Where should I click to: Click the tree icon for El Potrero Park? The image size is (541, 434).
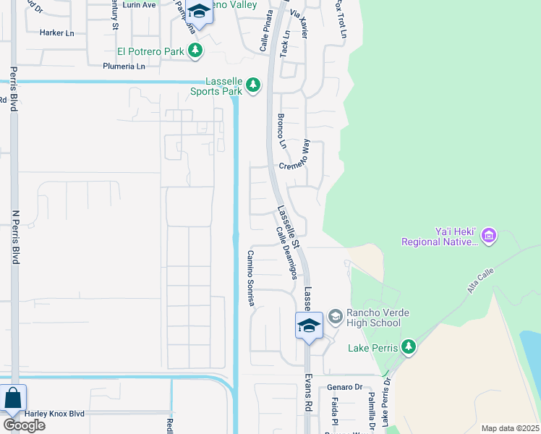click(x=195, y=51)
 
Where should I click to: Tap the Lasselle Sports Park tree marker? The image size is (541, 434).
click(x=252, y=85)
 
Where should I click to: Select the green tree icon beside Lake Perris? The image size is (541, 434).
click(x=409, y=347)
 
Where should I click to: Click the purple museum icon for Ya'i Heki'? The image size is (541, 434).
click(x=489, y=235)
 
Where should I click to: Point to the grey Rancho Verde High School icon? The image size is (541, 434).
click(x=335, y=316)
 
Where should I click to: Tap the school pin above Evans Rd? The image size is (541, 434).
click(x=309, y=325)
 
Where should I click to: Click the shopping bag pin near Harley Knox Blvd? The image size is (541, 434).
click(x=13, y=399)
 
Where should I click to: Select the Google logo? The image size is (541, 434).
click(x=23, y=425)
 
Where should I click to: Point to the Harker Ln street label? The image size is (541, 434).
click(x=57, y=33)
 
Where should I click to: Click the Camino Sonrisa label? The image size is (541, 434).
click(x=251, y=279)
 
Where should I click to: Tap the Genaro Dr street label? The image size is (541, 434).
click(x=344, y=388)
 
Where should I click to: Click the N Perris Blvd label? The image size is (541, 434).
click(x=14, y=236)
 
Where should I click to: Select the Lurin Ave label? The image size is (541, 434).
click(x=139, y=4)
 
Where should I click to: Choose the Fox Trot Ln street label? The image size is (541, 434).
click(x=341, y=17)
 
